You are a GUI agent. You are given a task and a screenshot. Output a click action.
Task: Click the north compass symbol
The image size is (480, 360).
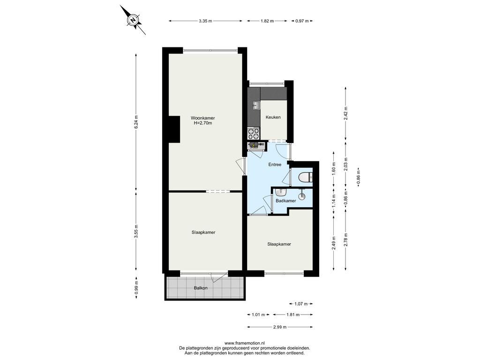(133, 20)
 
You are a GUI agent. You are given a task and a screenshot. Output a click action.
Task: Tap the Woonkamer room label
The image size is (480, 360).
(202, 118)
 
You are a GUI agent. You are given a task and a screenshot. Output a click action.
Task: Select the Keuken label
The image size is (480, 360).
(273, 117)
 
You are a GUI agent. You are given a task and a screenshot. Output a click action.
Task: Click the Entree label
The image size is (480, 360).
(275, 165)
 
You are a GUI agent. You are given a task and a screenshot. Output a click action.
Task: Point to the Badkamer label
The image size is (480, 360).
(285, 201)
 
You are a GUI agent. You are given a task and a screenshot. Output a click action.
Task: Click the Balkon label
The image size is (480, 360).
(201, 288)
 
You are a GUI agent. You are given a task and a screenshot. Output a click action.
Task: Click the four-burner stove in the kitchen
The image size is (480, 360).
(254, 134)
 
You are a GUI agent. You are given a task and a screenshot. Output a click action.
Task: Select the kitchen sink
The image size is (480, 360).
(256, 105)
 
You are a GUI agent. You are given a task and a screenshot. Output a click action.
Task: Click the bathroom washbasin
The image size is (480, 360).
(280, 193)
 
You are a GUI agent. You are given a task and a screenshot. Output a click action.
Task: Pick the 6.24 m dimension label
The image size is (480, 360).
(136, 122)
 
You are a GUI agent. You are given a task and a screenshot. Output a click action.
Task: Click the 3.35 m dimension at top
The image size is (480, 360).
(205, 21)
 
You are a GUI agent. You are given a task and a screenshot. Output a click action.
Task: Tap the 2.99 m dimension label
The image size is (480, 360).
(280, 327)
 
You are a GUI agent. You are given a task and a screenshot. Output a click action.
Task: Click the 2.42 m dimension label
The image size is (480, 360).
(346, 113)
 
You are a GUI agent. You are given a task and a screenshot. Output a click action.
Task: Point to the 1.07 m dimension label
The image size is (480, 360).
(300, 304)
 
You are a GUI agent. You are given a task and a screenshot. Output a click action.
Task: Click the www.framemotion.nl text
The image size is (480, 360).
(245, 344)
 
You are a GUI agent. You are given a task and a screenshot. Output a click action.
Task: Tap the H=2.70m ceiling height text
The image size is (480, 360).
(202, 123)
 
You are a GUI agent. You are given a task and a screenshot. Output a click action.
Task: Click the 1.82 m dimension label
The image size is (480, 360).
(267, 21)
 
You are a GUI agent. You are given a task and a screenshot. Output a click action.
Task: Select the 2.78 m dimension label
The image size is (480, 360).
(346, 240)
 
